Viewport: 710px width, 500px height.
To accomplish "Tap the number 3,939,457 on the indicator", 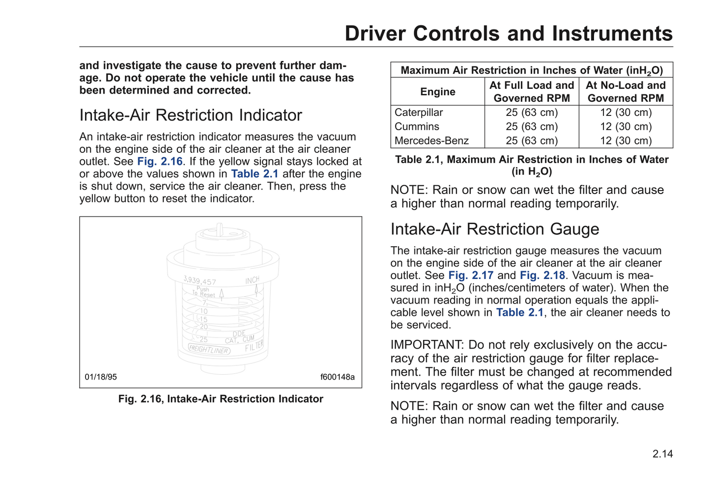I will point(199,281).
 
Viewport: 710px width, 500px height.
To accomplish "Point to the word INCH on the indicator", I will point(252,280).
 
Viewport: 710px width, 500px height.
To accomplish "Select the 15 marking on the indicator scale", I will point(203,319).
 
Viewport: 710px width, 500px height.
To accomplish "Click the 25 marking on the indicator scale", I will point(203,339).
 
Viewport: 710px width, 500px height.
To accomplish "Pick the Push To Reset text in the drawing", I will point(203,292).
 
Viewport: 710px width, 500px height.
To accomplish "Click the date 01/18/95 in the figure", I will point(101,377).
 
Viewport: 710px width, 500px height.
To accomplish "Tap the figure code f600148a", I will point(337,377).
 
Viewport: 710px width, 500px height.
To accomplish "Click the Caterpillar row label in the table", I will point(419,112).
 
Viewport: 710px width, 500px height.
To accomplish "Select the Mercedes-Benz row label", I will point(431,141).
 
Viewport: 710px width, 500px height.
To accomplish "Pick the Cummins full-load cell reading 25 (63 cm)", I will point(532,127).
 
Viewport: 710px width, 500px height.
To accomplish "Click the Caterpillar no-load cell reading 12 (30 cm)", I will point(625,112).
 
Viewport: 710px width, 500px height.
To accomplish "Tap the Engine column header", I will point(437,92).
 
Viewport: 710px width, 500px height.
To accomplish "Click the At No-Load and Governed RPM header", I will point(625,92).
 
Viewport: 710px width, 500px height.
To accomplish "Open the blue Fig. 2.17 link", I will point(471,276).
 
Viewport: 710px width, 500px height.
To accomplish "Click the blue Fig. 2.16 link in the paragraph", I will point(160,162).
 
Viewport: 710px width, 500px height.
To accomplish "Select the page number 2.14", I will point(662,454).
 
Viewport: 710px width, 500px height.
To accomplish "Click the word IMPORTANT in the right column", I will point(426,345).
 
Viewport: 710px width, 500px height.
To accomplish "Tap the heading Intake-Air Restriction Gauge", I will point(494,229).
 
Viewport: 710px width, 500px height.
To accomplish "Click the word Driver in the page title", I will point(376,34).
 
